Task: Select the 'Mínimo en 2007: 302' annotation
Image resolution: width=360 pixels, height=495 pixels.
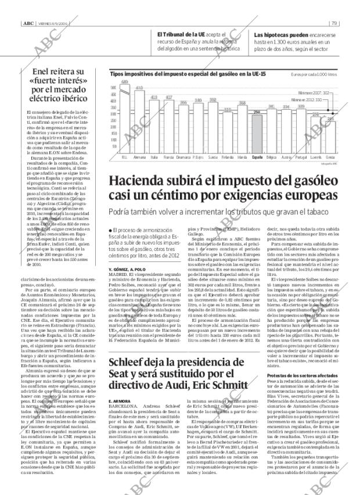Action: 314,92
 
